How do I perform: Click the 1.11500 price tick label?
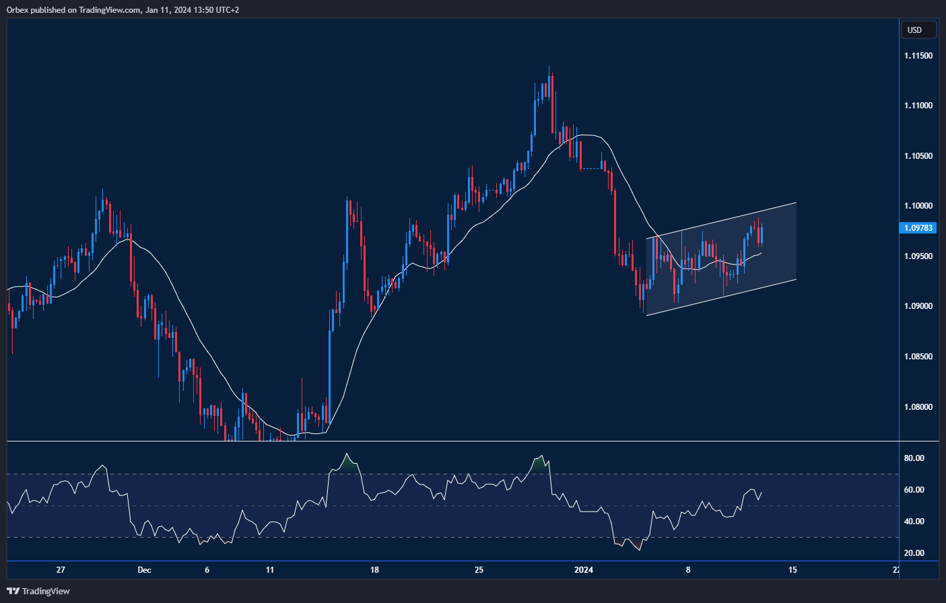(x=918, y=55)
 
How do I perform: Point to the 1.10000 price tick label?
(x=918, y=206)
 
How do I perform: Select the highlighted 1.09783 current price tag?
(x=918, y=228)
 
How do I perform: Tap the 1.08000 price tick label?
(x=918, y=406)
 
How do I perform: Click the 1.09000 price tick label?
(x=918, y=306)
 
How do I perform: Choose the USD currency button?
(x=918, y=30)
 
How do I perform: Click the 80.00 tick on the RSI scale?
(x=914, y=458)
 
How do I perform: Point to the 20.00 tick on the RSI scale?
(x=914, y=553)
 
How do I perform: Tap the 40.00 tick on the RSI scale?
(x=914, y=522)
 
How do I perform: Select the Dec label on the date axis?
(x=144, y=570)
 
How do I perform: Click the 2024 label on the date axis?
(x=583, y=570)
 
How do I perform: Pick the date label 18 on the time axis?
(x=374, y=570)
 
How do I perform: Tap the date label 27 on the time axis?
(x=61, y=570)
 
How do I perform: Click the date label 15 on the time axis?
(x=792, y=570)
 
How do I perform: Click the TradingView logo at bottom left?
(x=38, y=591)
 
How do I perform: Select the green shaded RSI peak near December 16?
(x=347, y=462)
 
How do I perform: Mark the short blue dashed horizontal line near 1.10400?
(x=591, y=168)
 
